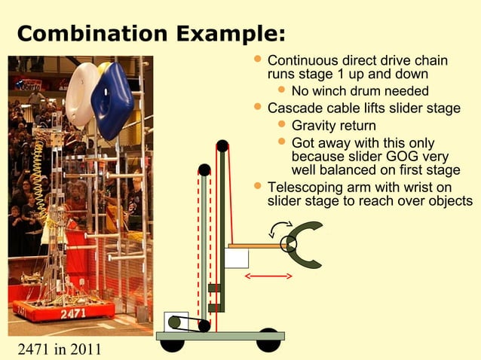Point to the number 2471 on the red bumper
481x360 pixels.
[73, 313]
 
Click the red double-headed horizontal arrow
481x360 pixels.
[268, 276]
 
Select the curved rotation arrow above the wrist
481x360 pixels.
[283, 226]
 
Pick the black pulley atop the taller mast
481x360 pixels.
[222, 145]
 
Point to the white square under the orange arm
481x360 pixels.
[237, 258]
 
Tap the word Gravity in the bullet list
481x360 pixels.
[315, 125]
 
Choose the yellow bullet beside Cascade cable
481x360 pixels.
[259, 108]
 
